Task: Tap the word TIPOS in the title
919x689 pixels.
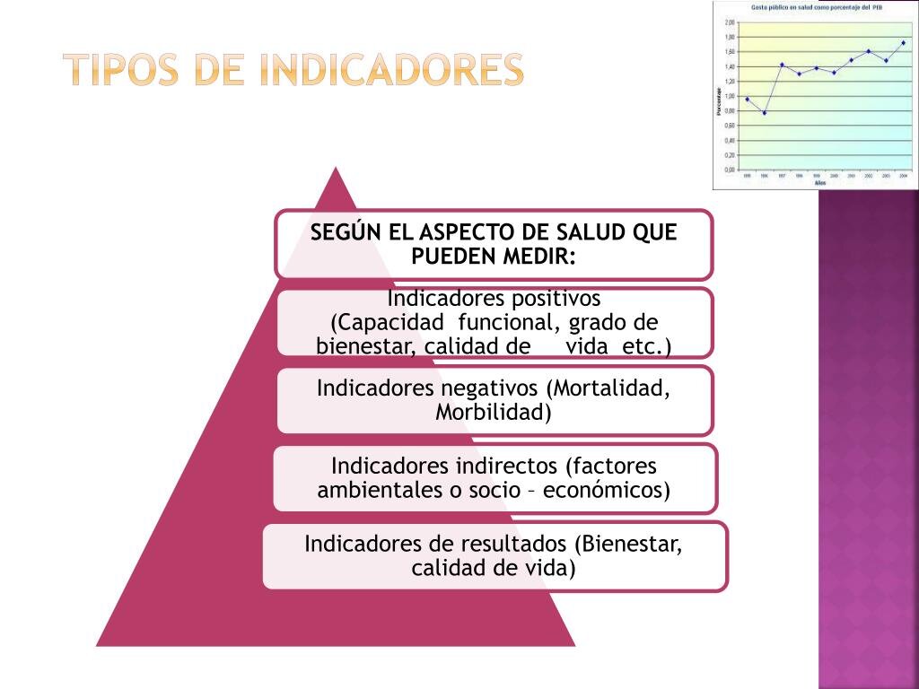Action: pyautogui.click(x=125, y=70)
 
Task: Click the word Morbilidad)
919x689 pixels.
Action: pyautogui.click(x=494, y=413)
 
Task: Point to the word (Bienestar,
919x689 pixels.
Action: pyautogui.click(x=629, y=544)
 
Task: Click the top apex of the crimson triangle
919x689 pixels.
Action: pyautogui.click(x=336, y=168)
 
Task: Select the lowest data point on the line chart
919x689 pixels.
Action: pyautogui.click(x=765, y=113)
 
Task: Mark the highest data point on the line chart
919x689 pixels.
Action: pyautogui.click(x=903, y=42)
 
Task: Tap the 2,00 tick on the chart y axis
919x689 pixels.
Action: pyautogui.click(x=730, y=22)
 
